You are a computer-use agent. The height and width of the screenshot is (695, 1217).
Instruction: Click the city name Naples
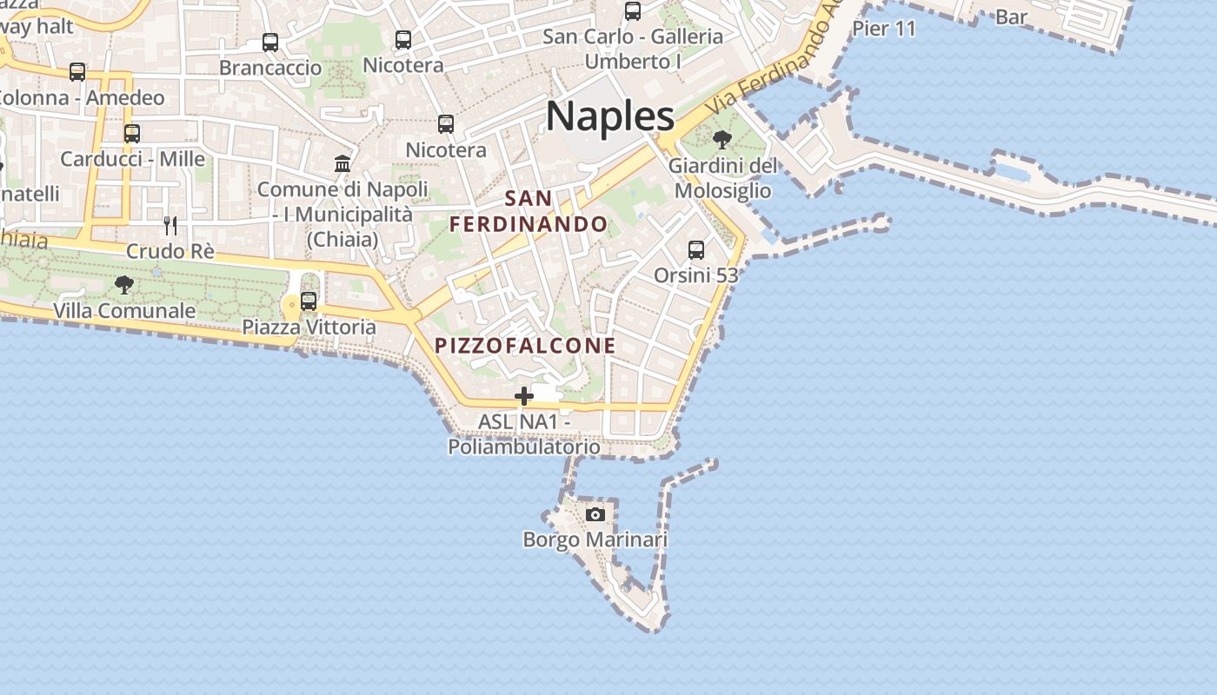(x=610, y=116)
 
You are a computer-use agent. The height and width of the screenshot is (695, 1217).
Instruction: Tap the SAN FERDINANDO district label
(x=529, y=211)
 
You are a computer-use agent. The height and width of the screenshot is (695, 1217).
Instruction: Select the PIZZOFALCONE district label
(x=525, y=346)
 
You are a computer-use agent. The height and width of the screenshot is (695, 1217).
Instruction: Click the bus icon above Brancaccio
(x=270, y=42)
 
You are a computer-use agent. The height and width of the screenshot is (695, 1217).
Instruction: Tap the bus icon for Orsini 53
(x=696, y=250)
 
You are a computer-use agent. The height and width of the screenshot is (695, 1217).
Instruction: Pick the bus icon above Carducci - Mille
(x=132, y=134)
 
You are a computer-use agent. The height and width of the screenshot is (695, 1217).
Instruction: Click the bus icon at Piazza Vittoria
(x=309, y=301)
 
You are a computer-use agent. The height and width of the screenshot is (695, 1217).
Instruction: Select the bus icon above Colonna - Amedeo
(x=77, y=72)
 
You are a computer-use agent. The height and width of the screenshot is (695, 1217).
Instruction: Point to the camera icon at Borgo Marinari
(x=595, y=514)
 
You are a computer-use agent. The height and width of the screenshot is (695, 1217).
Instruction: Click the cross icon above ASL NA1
(x=524, y=396)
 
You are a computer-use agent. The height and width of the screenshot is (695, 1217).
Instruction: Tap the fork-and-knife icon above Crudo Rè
(x=170, y=226)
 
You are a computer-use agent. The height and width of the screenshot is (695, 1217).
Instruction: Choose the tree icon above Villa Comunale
(x=124, y=284)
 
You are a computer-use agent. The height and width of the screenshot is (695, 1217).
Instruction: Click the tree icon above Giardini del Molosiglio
(x=722, y=139)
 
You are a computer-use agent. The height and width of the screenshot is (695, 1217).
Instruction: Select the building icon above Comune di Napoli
(x=342, y=163)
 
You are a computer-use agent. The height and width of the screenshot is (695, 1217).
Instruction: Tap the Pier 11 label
(x=884, y=29)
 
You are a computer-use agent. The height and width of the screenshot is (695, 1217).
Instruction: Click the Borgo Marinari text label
(x=595, y=539)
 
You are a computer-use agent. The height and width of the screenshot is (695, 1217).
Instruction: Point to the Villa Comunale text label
(x=124, y=310)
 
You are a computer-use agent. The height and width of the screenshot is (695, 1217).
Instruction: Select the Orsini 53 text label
(x=695, y=275)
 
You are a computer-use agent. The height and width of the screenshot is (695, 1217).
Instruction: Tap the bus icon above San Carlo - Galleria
(x=633, y=11)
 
